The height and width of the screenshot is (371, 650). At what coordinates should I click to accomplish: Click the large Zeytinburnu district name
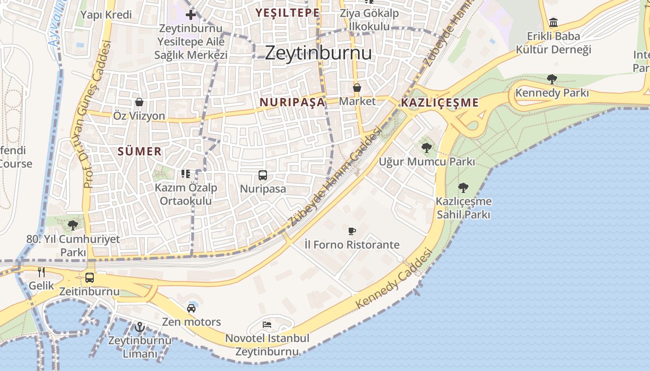[318, 53]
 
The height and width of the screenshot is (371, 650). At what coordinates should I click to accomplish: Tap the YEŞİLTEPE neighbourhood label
[287, 13]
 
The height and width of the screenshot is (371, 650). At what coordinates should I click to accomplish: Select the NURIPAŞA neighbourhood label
[292, 102]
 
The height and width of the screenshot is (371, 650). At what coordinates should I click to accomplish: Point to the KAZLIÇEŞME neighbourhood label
[439, 102]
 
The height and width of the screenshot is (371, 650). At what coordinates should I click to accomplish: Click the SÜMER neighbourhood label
[139, 151]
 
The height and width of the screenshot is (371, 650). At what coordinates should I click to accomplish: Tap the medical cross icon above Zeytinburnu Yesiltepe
[190, 14]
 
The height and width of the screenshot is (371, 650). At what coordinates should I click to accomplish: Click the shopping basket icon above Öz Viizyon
[139, 102]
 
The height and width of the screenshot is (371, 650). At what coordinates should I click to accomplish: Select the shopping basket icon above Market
[357, 88]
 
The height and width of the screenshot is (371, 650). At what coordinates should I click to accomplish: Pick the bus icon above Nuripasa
[263, 175]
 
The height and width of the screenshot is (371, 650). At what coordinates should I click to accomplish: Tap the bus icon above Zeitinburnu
[90, 278]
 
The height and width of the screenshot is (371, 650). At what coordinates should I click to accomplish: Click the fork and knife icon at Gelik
[41, 272]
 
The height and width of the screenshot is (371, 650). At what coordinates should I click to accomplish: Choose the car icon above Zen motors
[191, 308]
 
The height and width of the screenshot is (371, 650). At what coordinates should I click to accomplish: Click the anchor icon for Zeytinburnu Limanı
[139, 327]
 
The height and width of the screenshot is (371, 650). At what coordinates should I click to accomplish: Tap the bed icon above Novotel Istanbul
[267, 325]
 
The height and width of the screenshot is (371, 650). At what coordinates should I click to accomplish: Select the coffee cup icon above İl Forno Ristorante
[352, 231]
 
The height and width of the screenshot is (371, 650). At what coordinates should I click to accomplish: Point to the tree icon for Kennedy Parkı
[552, 79]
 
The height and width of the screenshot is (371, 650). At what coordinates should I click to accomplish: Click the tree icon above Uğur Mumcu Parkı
[426, 148]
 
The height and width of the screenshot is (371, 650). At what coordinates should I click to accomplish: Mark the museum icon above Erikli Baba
[553, 22]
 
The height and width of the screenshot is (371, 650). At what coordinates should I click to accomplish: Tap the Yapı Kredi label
[106, 14]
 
